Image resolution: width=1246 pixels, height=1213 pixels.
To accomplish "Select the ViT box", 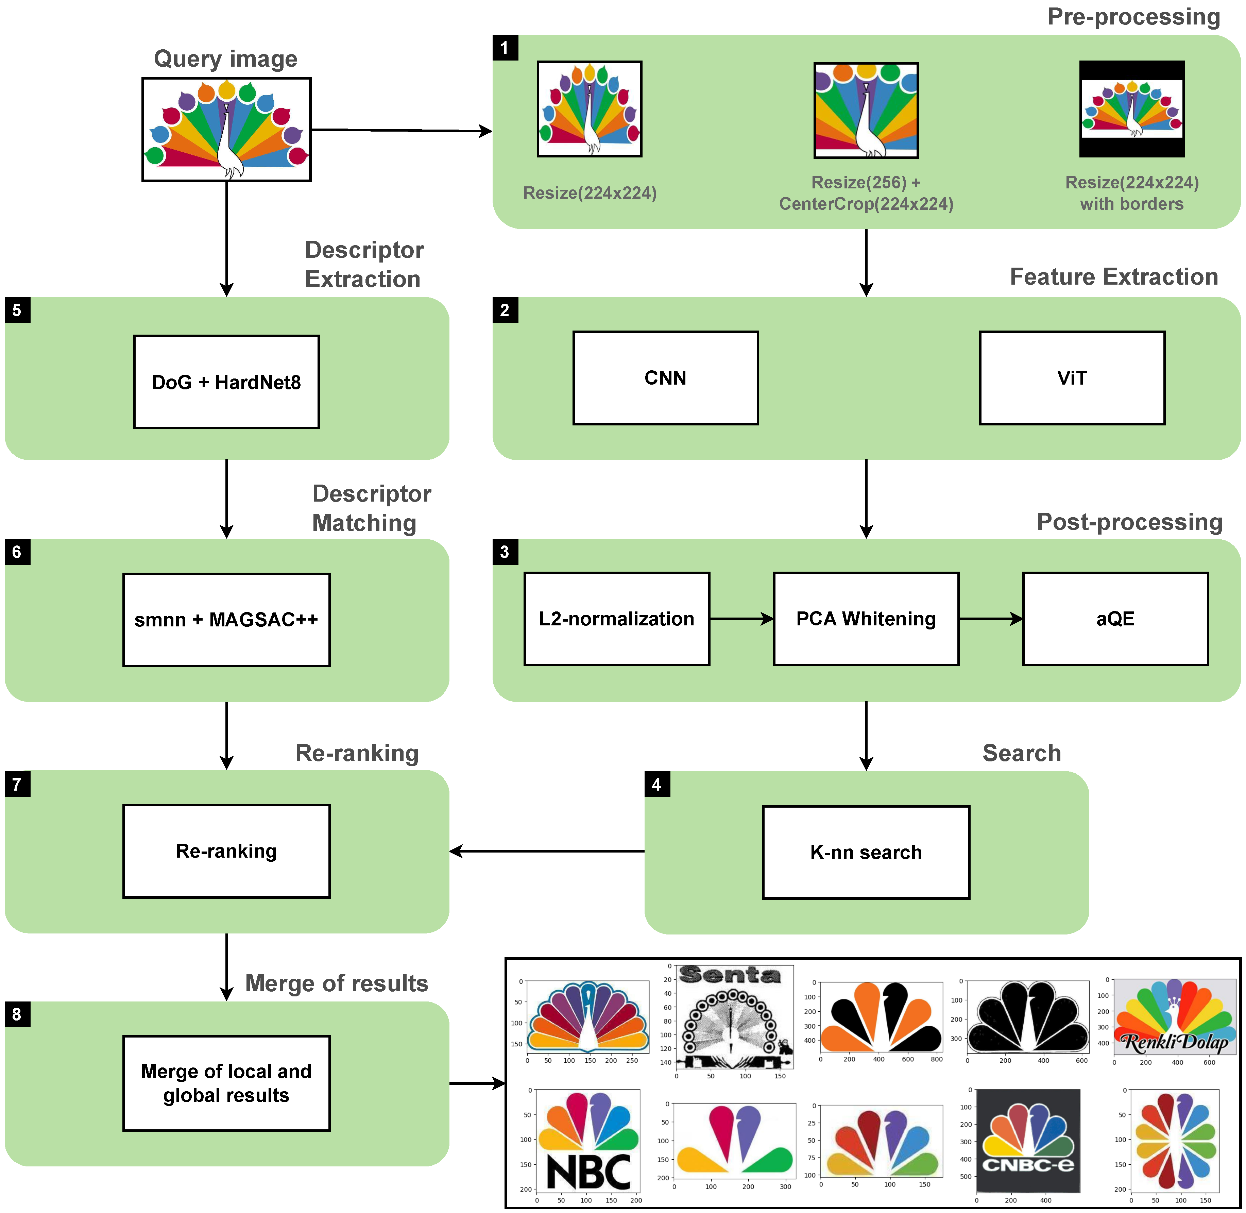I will (x=1072, y=378).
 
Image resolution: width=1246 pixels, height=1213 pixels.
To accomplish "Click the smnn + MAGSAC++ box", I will (x=226, y=619).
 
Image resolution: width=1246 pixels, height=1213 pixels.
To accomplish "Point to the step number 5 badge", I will (x=17, y=310).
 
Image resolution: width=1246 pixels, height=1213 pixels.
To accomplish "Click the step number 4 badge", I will (x=657, y=784).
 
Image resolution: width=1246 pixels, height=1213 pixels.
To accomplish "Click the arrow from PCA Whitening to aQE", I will (x=991, y=619).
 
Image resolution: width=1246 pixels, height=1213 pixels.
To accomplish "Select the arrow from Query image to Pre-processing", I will (x=401, y=131).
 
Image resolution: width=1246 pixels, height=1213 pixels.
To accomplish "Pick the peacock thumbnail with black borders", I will (x=1131, y=109).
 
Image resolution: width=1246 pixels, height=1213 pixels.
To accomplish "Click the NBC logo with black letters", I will (x=588, y=1140).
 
